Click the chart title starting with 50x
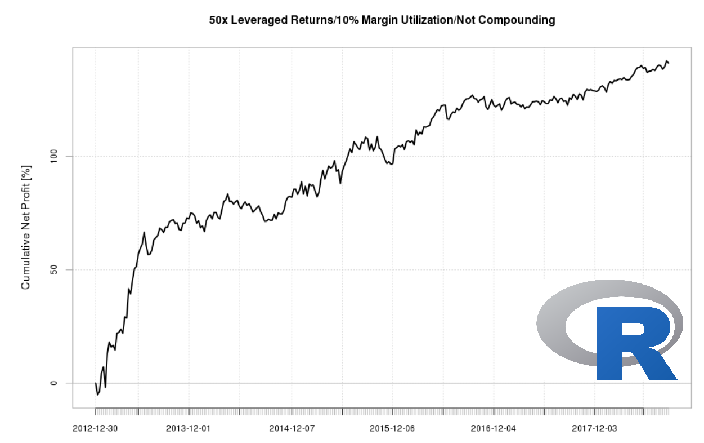click(382, 20)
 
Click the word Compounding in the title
click(521, 20)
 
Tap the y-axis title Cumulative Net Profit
click(25, 227)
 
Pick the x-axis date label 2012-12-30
click(95, 428)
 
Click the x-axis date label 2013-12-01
click(188, 428)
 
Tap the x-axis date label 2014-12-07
click(292, 428)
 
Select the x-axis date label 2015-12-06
click(392, 428)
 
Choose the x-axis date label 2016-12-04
click(493, 428)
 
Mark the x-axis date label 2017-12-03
click(594, 428)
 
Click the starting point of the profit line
click(96, 383)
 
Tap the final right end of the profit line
click(669, 63)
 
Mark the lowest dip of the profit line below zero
click(97, 395)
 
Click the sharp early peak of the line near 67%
click(144, 232)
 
